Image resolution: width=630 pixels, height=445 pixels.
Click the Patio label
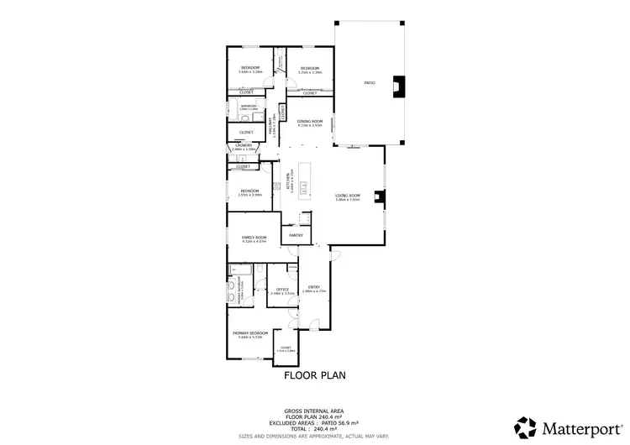[x=369, y=83]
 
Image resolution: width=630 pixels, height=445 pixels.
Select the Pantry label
[x=296, y=235]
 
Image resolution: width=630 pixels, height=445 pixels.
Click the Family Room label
[x=254, y=239]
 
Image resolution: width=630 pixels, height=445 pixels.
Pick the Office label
[x=283, y=291]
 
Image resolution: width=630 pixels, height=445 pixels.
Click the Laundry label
[x=243, y=147]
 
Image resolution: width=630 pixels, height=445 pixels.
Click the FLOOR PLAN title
[x=315, y=375]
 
